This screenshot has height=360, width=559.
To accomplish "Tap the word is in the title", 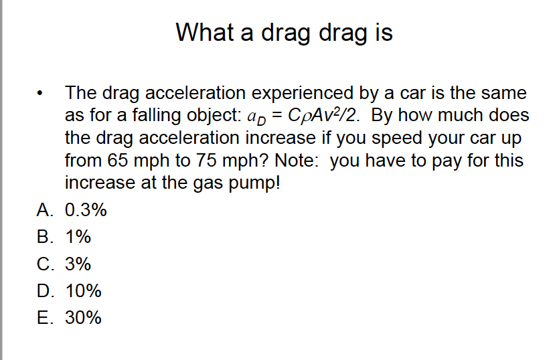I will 382,31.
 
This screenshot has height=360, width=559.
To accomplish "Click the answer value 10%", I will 83,291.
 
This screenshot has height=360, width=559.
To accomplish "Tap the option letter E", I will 44,318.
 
